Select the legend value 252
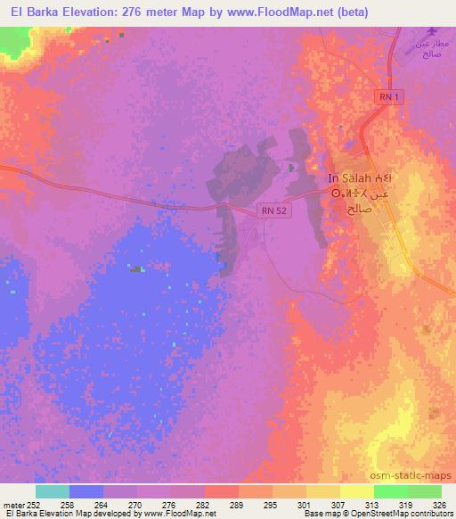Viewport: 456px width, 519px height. [36, 505]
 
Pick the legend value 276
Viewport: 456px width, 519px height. [172, 505]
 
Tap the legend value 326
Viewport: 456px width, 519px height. [441, 505]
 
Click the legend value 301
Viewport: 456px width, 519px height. [306, 505]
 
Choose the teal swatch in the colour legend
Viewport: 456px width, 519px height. [53, 491]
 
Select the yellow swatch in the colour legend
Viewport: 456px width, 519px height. [356, 491]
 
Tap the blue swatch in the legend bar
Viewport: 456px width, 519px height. [86, 491]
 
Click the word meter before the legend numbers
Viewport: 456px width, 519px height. [12, 505]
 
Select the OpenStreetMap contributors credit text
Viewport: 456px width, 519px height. [411, 515]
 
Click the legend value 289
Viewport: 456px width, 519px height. [239, 505]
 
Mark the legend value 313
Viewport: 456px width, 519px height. [373, 505]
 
